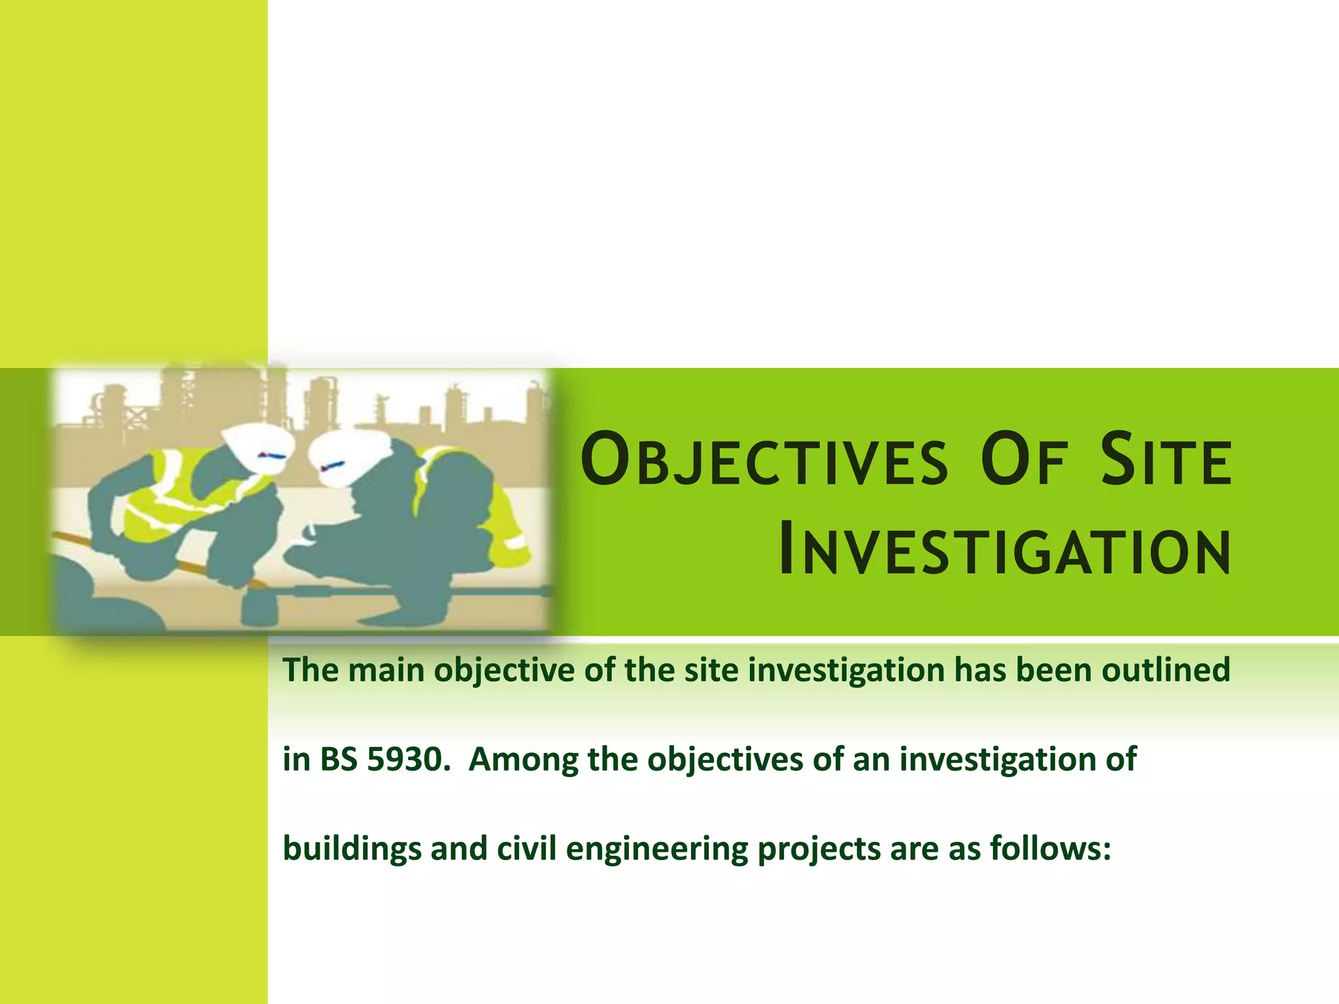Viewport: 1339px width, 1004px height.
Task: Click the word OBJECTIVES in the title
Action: click(x=764, y=460)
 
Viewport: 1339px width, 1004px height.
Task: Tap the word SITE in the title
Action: click(x=1166, y=460)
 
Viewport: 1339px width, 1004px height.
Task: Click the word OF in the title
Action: click(x=1025, y=460)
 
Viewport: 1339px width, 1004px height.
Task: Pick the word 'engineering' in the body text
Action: click(x=656, y=849)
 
